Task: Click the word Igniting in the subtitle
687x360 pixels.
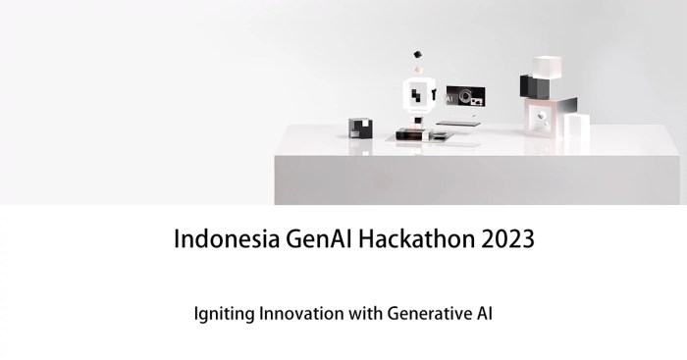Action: (x=224, y=316)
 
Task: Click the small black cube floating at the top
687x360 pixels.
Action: (x=417, y=54)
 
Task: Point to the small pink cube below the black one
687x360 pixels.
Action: (x=419, y=71)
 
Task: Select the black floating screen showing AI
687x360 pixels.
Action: (x=465, y=97)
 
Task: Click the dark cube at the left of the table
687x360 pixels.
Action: (x=360, y=128)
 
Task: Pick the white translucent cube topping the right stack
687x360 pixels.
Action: (x=546, y=67)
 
